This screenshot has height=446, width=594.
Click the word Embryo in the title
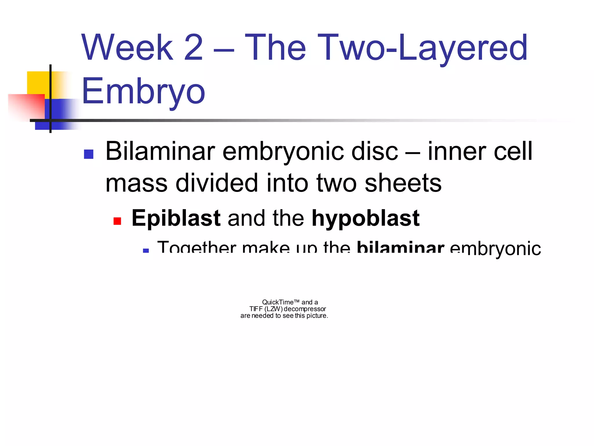pos(143,92)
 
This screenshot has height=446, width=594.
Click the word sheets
pos(403,183)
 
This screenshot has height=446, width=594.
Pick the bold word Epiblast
pos(176,218)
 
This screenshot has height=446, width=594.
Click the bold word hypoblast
pos(365,219)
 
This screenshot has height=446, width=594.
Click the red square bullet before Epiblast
pos(117,221)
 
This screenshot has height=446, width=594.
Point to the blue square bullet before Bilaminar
pos(88,154)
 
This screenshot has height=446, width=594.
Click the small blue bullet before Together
pos(146,250)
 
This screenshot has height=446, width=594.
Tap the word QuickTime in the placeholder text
pos(278,302)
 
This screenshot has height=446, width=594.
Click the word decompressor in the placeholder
pos(305,309)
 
